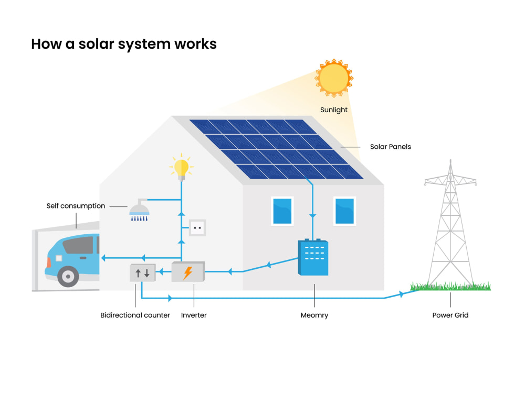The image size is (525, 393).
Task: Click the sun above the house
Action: [334, 78]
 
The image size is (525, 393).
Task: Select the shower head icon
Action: [140, 210]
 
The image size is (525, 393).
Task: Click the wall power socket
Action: [197, 228]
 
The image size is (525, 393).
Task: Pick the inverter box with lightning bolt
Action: [188, 271]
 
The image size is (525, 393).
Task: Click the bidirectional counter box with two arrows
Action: [143, 272]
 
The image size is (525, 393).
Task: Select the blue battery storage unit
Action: [313, 257]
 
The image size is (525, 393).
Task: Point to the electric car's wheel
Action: [68, 276]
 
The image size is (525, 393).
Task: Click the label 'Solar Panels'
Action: [391, 147]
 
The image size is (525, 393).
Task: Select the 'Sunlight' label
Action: [334, 110]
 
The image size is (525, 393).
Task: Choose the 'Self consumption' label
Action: [76, 206]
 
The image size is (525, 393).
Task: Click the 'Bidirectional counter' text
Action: [135, 315]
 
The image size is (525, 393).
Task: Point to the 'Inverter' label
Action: [194, 315]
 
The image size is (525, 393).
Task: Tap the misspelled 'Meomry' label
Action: [314, 315]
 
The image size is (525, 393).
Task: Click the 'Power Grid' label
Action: [450, 315]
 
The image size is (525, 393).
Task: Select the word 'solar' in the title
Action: [96, 44]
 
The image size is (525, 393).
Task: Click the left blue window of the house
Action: [282, 211]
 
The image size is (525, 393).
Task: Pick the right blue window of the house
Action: [344, 211]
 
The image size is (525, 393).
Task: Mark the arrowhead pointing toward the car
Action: [103, 258]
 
